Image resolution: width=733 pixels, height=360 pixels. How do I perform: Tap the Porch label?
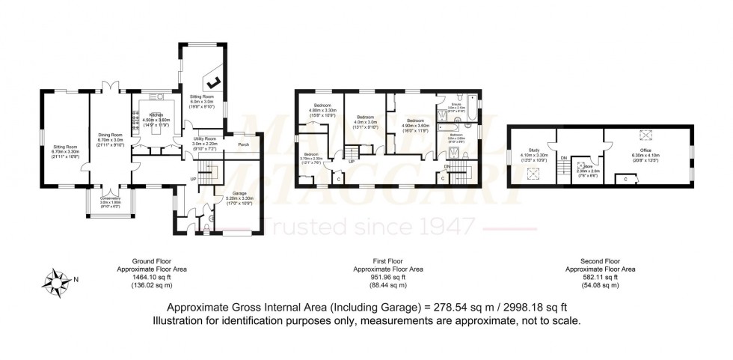tap(243, 144)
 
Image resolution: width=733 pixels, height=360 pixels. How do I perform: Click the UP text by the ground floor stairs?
tap(193, 180)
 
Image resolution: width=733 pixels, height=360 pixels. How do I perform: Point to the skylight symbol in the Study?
tap(533, 173)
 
